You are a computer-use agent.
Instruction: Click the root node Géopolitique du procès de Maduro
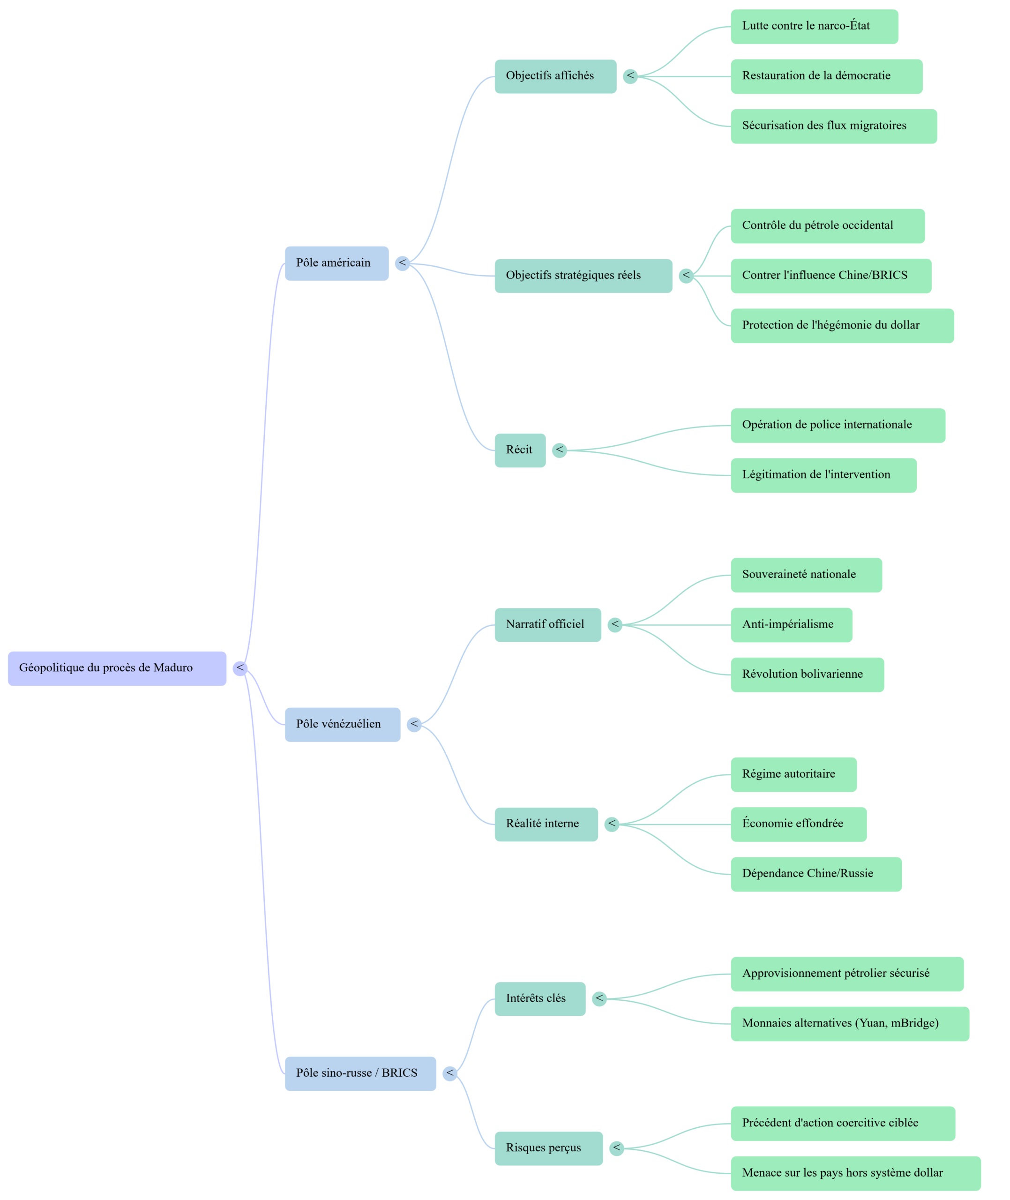pos(117,668)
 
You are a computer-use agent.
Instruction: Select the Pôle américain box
pos(337,263)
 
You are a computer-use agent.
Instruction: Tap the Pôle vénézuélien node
pos(343,724)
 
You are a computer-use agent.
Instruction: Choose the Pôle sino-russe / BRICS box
pos(360,1073)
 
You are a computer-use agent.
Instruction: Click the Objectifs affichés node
pos(555,76)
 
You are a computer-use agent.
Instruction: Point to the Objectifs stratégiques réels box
pos(583,276)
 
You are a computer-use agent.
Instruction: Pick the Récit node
pos(520,450)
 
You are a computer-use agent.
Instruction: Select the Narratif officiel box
pos(547,625)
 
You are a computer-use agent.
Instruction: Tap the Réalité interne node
pos(546,825)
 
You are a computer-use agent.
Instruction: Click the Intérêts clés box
pos(540,999)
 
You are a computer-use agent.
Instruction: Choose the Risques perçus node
pos(548,1148)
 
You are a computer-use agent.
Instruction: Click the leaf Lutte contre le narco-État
pos(814,26)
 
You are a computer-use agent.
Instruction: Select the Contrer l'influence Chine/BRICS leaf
pos(831,276)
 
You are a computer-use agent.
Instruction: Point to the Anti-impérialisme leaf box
pos(791,625)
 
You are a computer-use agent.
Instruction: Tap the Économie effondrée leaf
pos(798,825)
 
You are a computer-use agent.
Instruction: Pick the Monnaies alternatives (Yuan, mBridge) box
pos(850,1024)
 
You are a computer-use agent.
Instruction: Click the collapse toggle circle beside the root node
pos(240,668)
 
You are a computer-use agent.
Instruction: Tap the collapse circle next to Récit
pos(560,450)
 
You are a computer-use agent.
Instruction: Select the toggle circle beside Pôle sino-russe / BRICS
pos(450,1073)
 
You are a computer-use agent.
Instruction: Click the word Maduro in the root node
pos(173,668)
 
